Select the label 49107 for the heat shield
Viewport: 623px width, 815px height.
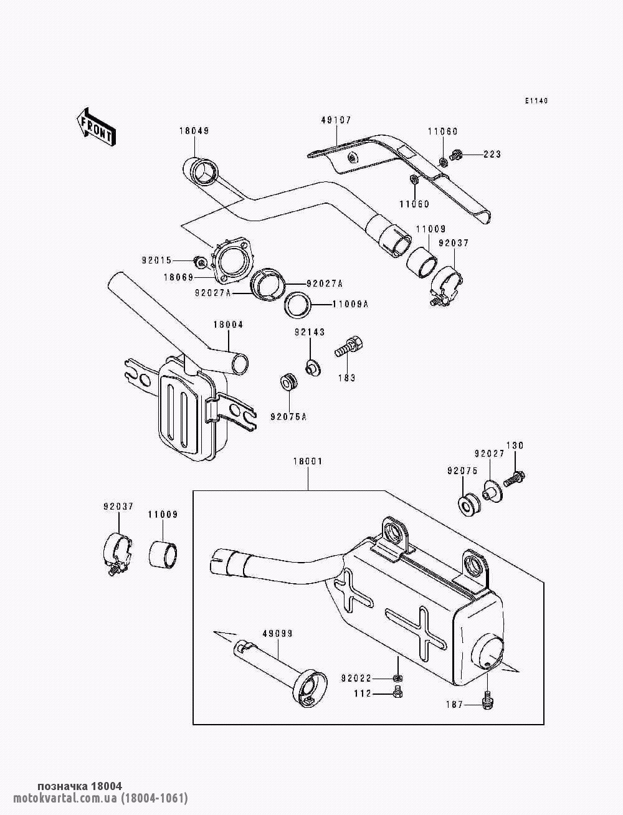coord(336,120)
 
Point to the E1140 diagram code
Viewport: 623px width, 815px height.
coord(536,100)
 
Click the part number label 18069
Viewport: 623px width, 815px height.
coord(179,277)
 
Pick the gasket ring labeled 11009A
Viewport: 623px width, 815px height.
coord(298,305)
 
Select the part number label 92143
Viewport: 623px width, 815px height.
coord(310,332)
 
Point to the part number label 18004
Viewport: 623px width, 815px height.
coord(228,325)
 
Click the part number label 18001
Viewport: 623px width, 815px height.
coord(308,461)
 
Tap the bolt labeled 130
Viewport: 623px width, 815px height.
coord(514,479)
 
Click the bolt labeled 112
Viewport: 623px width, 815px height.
coord(397,692)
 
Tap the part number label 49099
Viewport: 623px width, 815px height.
coord(277,634)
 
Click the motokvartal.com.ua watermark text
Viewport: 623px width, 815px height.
coord(100,798)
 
